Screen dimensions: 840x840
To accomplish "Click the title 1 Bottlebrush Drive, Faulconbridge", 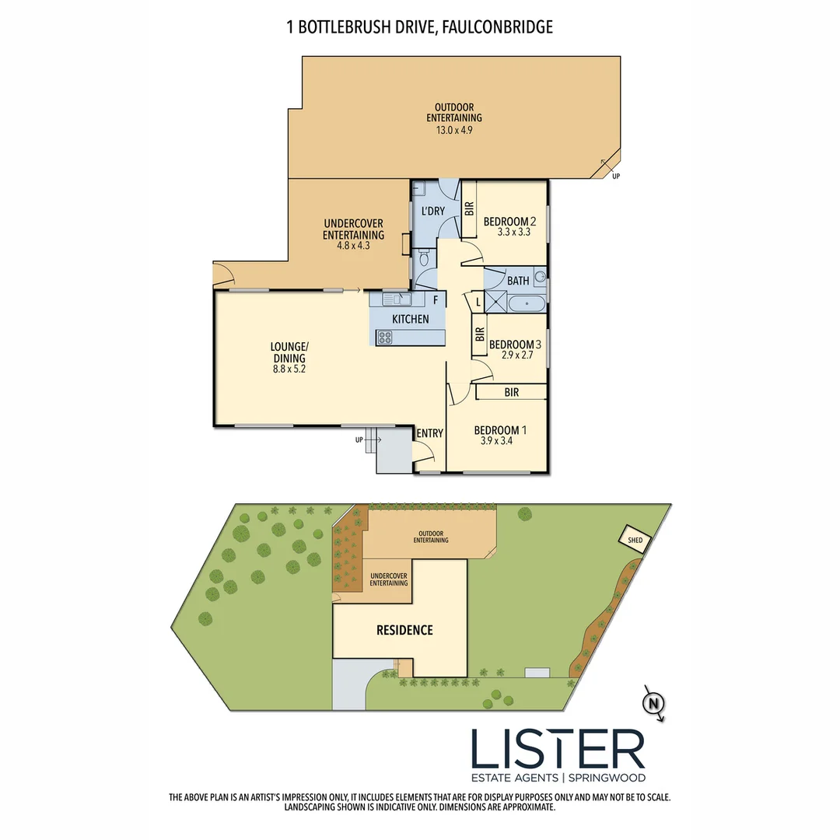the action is click(420, 27).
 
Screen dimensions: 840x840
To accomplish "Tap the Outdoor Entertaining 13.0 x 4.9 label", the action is click(454, 118).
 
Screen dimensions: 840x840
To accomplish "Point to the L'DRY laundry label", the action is click(432, 211).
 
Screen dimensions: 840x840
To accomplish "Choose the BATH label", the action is click(518, 281).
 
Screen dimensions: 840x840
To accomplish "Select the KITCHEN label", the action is click(410, 319).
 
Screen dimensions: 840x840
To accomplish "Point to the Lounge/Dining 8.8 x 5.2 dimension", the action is click(289, 369).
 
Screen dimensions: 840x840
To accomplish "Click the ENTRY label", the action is click(429, 433).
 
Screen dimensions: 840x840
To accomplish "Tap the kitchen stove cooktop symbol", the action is click(384, 337).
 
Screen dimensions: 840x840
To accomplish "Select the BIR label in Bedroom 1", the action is click(511, 393).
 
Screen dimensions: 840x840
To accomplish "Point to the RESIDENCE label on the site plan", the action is click(404, 630).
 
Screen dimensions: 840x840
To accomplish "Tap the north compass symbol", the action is click(654, 704).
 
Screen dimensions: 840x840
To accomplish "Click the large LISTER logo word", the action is click(558, 749).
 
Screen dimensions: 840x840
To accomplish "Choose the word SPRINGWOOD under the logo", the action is click(607, 777).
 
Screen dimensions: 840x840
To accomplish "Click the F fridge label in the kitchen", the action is click(436, 299).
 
